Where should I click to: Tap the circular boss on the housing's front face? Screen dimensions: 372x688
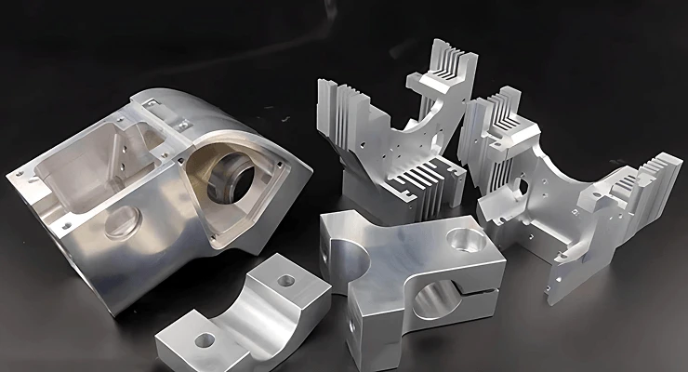coord(122,223)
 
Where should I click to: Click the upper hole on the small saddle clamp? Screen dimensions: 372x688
coord(286,279)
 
